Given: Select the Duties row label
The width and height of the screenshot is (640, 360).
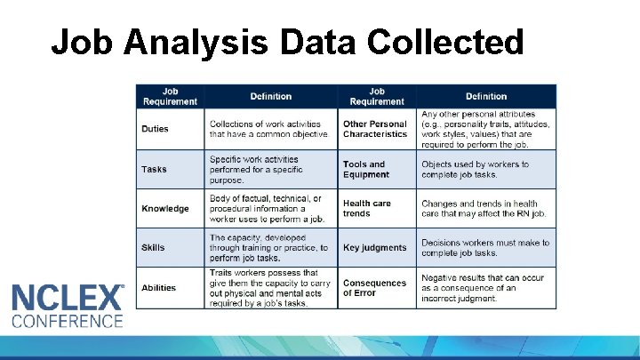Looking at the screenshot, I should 155,129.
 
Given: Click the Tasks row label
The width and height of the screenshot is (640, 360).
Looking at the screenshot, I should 154,169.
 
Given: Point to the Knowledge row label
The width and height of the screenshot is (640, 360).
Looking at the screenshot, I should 165,209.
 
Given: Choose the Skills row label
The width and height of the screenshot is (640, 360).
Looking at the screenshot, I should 153,248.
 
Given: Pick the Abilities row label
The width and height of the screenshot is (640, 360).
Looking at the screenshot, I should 159,287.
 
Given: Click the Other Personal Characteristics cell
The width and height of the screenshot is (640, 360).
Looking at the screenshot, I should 375,129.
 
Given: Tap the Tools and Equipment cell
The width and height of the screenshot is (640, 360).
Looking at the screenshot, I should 366,169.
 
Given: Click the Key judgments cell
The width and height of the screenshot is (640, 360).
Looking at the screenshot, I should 374,248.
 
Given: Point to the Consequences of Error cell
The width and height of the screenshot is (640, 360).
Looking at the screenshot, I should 374,288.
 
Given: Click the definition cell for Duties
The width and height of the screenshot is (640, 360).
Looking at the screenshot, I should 269,129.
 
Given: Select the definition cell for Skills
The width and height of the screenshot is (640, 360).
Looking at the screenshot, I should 269,248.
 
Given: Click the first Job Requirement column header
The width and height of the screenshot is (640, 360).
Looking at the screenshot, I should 169,96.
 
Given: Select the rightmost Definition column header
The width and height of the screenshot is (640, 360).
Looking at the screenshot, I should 486,96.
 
